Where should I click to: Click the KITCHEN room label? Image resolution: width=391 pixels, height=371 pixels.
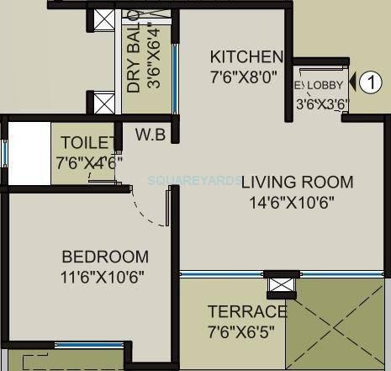coord(246,57)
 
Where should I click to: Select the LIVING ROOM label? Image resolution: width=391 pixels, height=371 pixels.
coord(297,182)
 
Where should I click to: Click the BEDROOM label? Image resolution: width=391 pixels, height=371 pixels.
coord(105,257)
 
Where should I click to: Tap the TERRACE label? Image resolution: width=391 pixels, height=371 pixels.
coord(247,312)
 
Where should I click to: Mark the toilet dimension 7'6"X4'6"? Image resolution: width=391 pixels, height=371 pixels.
coord(89,162)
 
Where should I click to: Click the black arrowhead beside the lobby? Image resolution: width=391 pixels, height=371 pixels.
coord(352,82)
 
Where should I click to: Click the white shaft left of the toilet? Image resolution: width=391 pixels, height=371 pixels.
coord(28,153)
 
